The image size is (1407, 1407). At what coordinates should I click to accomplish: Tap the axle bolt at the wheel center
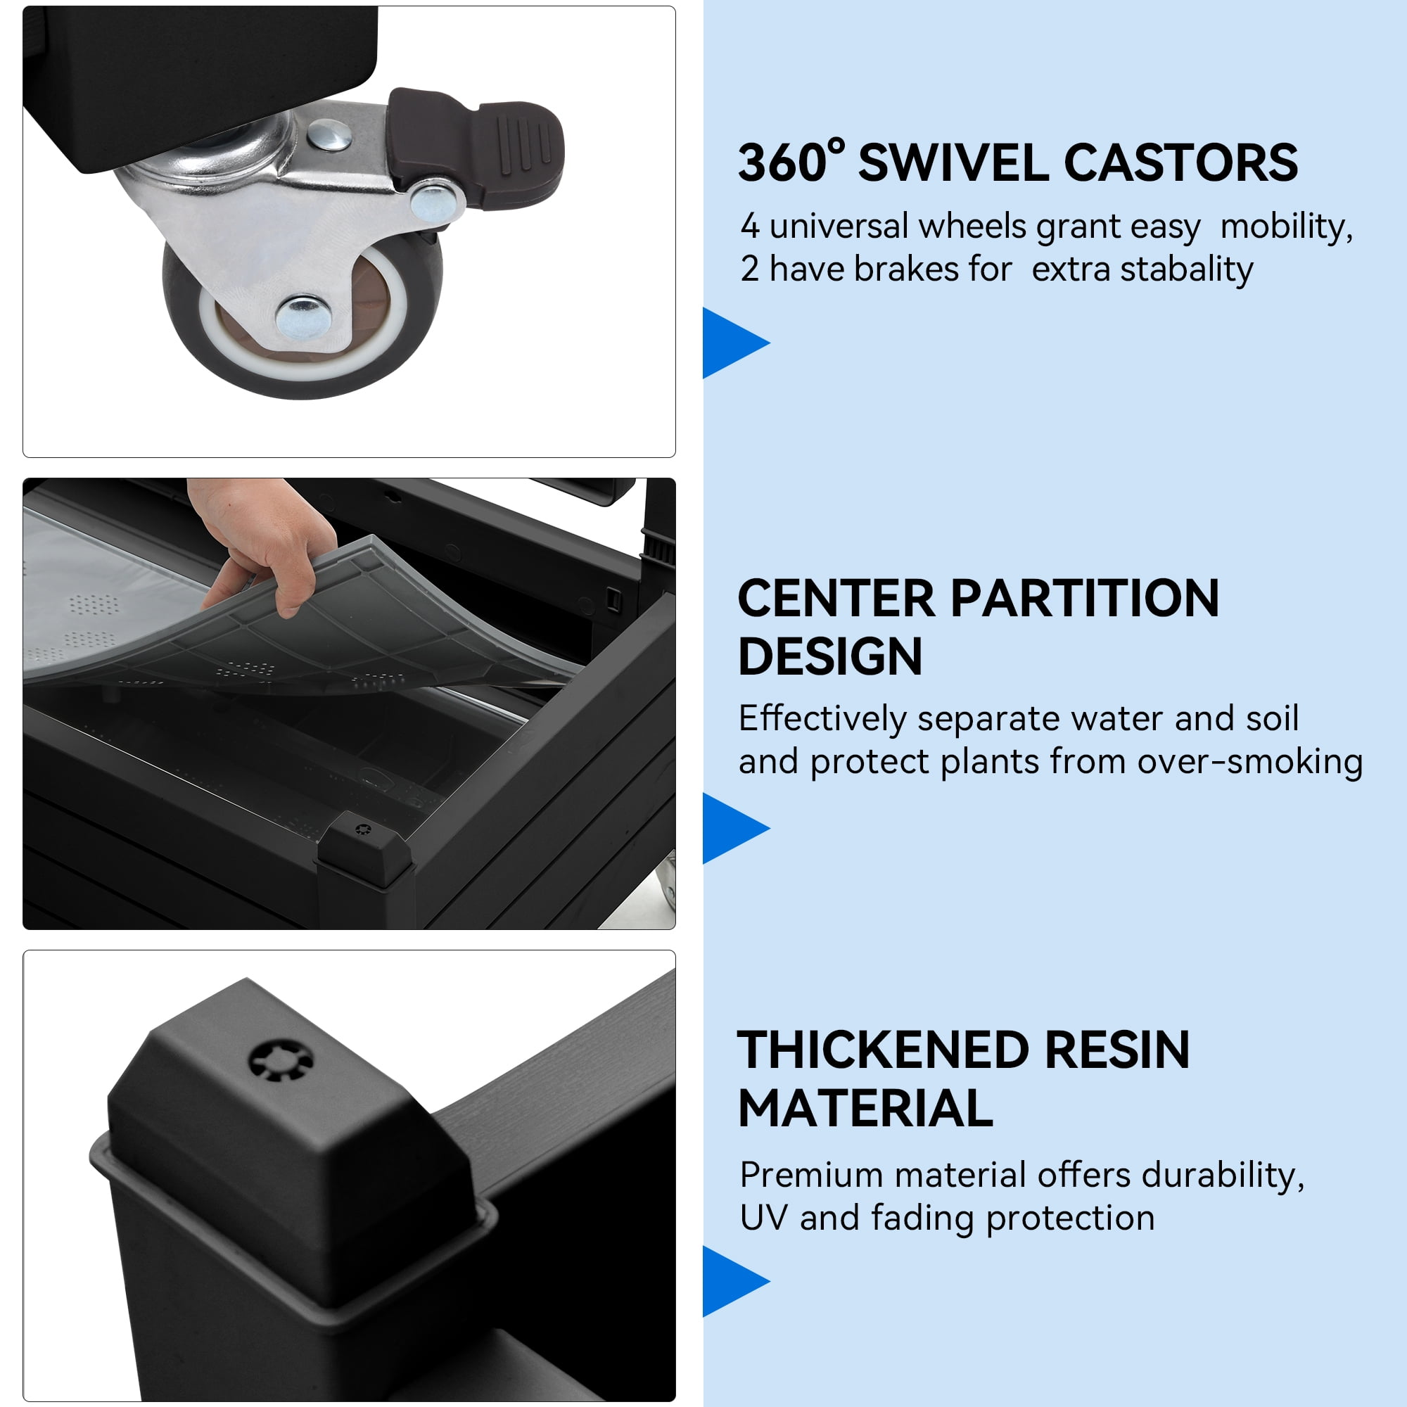click(304, 317)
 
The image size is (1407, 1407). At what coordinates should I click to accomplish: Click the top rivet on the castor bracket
click(329, 136)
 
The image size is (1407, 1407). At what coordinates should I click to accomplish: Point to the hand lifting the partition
click(262, 542)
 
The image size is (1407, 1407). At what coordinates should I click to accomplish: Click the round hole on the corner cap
click(281, 1060)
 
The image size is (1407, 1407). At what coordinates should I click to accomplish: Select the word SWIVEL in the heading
click(955, 163)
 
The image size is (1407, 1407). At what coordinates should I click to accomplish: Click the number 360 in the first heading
click(783, 163)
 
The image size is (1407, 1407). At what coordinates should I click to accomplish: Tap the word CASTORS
click(1181, 163)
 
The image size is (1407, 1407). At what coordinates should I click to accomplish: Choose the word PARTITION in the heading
click(1084, 599)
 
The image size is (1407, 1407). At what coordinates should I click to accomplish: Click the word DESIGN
click(830, 657)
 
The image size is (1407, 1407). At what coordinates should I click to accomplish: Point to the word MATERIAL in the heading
click(866, 1109)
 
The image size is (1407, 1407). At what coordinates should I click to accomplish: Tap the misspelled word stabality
click(1186, 269)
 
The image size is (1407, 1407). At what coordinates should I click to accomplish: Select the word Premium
click(811, 1175)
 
